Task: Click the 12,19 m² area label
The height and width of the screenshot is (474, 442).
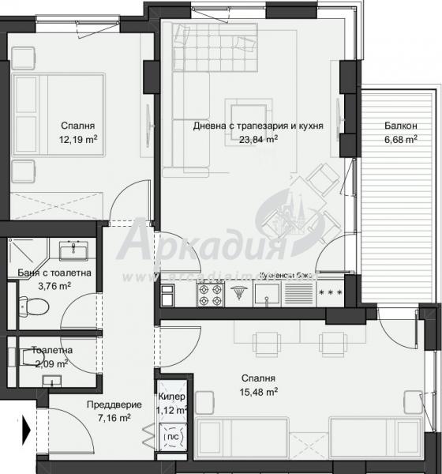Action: coord(77,140)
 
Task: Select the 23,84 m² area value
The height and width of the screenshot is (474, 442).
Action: coord(258,140)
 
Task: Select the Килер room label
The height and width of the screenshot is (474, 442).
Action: coord(171,397)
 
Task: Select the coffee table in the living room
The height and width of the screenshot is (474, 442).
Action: coord(246,115)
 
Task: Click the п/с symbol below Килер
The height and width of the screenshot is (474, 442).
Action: coord(171,435)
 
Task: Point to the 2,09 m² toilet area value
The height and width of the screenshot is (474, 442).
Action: coord(52,363)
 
